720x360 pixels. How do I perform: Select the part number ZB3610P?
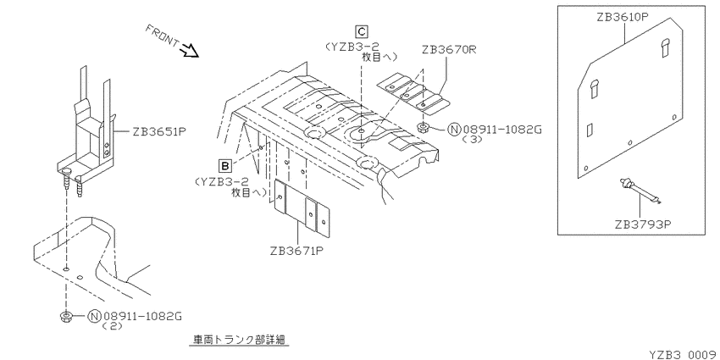(x=623, y=18)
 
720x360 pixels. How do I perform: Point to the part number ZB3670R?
(x=449, y=50)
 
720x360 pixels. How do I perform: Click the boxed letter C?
(x=362, y=31)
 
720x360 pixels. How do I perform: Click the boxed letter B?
(x=225, y=164)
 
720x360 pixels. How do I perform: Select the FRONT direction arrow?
(x=190, y=50)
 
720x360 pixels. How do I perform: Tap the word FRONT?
(x=163, y=35)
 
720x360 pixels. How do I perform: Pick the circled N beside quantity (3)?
(x=454, y=130)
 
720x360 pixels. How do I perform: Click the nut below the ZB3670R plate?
(x=423, y=127)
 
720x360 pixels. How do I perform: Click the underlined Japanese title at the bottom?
(x=239, y=340)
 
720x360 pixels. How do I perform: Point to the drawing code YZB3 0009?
(x=684, y=354)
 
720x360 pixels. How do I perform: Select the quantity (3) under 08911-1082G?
(x=473, y=140)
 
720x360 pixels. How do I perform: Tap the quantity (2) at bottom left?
(x=111, y=325)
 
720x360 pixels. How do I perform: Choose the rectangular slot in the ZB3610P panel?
(x=590, y=130)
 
